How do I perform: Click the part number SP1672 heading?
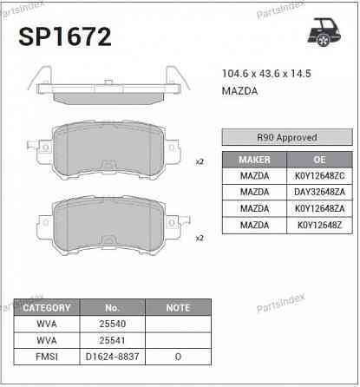click(65, 36)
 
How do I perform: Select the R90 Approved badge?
click(287, 137)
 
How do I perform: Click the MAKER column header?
click(254, 160)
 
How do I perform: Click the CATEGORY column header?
click(46, 308)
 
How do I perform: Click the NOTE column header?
click(178, 308)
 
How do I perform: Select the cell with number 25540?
click(112, 324)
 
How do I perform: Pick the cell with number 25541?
click(112, 340)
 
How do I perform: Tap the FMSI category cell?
click(46, 356)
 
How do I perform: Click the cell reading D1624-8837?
click(112, 356)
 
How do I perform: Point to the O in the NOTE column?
click(178, 356)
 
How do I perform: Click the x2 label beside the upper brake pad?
click(200, 161)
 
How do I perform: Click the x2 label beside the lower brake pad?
click(200, 237)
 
